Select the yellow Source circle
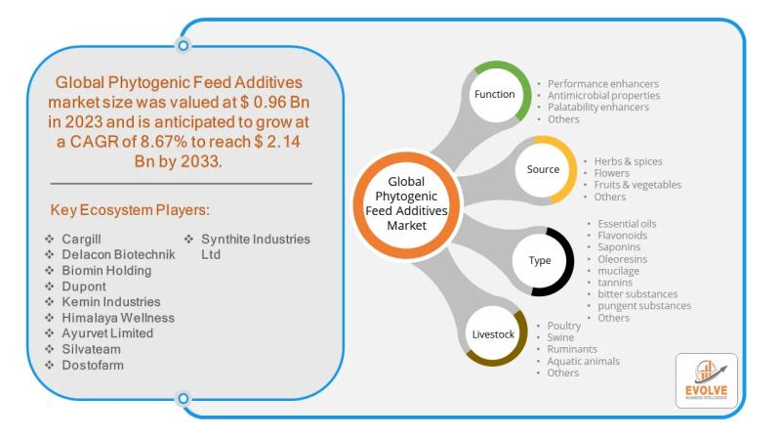coord(544,169)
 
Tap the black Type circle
coord(540,261)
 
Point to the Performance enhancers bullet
coord(602,84)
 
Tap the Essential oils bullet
coord(627,224)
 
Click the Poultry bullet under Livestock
coord(563,326)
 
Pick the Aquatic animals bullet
coord(583,361)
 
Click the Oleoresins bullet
coord(621,259)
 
